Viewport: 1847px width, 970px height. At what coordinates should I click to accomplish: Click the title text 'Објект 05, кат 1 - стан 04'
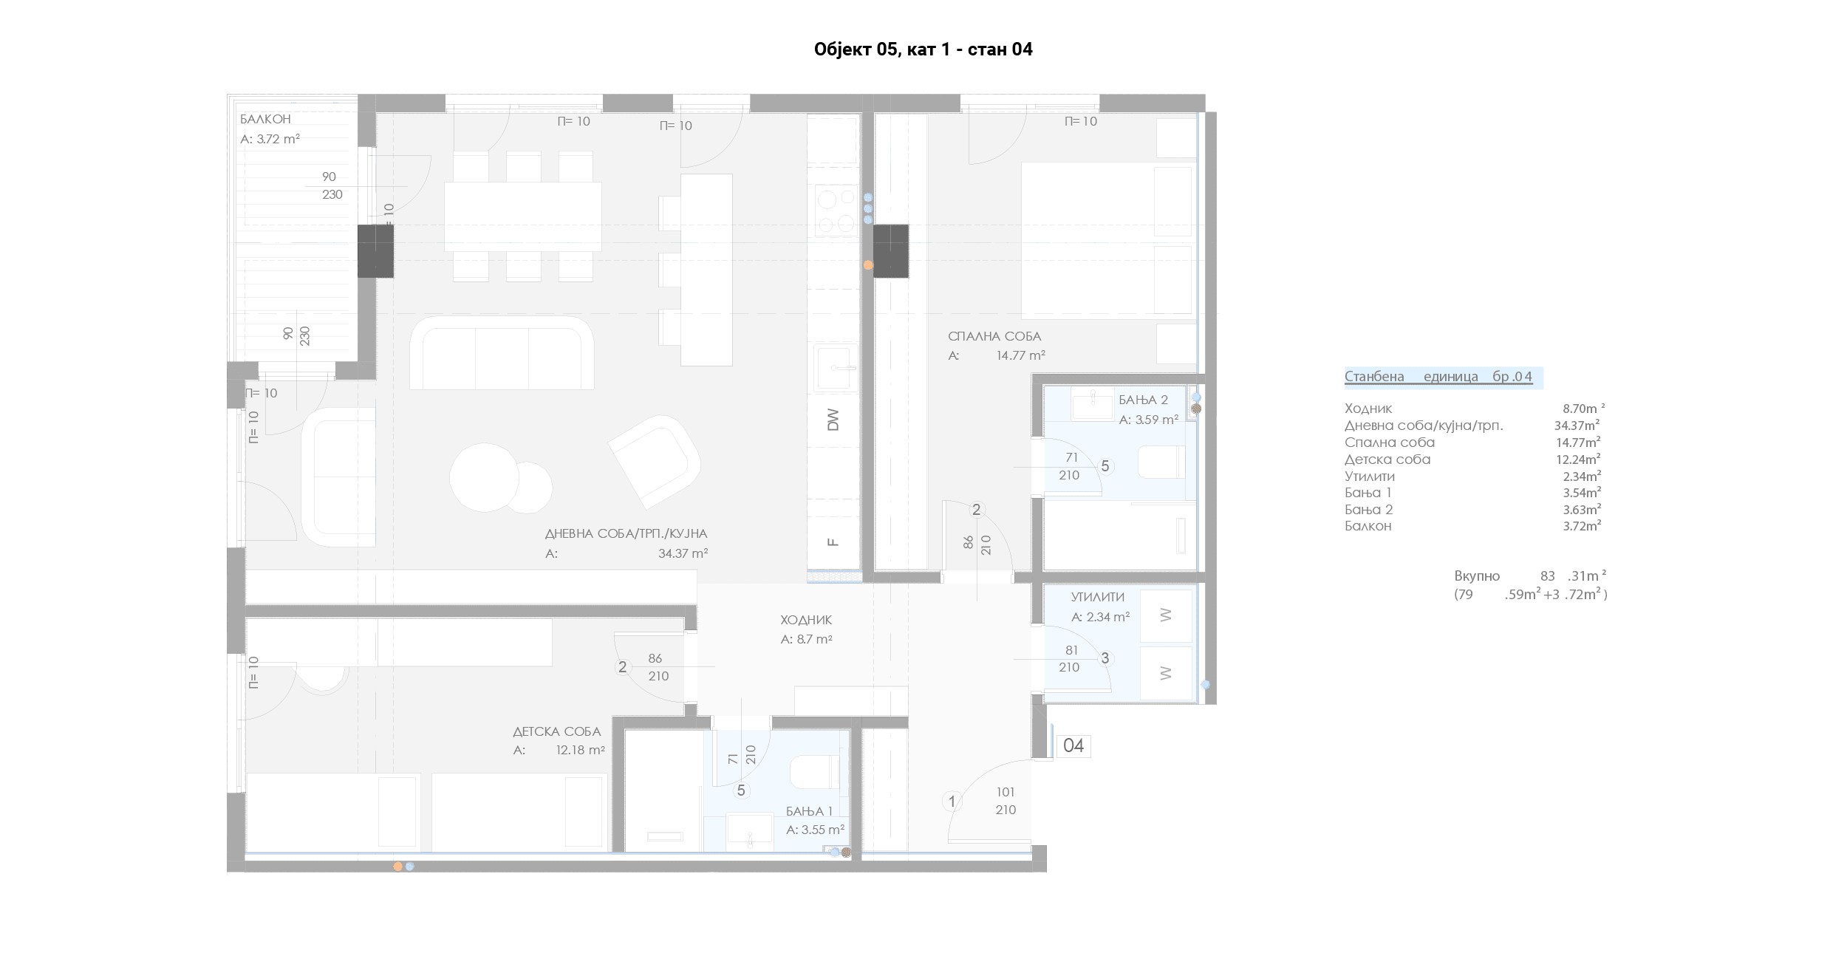click(x=923, y=49)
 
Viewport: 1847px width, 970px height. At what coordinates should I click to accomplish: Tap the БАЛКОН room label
click(x=265, y=119)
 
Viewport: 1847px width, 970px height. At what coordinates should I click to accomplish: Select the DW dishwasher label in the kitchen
click(x=833, y=420)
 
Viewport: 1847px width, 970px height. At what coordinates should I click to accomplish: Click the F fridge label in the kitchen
click(x=833, y=542)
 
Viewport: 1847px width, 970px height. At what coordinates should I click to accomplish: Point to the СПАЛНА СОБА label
click(x=994, y=336)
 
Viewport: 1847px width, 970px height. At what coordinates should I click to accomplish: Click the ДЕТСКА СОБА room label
click(x=557, y=731)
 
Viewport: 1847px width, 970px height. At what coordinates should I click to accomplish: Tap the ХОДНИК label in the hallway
click(x=806, y=620)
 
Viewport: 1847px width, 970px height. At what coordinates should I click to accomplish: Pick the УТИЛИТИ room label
click(x=1098, y=597)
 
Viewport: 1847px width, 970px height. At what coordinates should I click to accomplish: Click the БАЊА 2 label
click(x=1143, y=400)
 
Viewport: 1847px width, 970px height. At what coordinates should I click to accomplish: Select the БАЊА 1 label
click(x=809, y=811)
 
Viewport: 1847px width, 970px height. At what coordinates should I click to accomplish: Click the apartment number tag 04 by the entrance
click(x=1073, y=746)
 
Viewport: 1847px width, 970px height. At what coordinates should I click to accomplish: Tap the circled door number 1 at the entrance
click(x=952, y=802)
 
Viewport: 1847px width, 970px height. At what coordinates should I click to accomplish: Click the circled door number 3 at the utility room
click(x=1105, y=658)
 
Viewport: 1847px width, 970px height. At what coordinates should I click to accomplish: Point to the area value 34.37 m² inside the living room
click(x=683, y=553)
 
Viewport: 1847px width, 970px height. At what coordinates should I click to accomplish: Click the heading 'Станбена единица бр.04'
click(x=1438, y=377)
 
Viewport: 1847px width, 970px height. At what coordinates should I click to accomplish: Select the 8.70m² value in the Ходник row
click(x=1583, y=408)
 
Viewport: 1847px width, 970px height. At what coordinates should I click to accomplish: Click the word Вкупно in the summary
click(x=1477, y=576)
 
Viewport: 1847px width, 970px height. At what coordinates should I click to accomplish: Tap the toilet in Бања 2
click(x=1161, y=462)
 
